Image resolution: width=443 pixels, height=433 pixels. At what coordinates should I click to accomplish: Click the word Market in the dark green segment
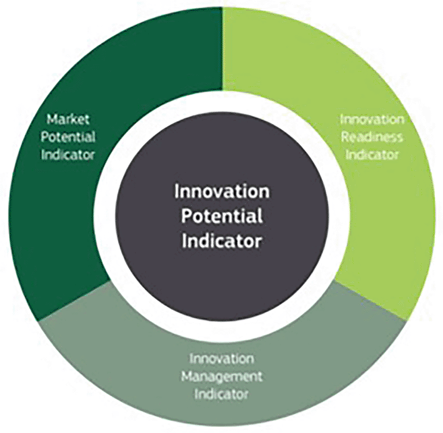tap(68, 119)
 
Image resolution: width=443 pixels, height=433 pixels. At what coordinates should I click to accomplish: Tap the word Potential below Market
tap(68, 137)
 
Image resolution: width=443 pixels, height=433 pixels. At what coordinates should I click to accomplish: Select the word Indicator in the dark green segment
tap(68, 155)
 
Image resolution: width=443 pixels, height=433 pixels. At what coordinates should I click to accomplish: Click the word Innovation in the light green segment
tap(372, 119)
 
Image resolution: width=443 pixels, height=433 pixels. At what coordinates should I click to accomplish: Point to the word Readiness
tap(372, 137)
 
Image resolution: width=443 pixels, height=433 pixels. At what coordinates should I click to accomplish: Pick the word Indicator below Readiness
tap(372, 155)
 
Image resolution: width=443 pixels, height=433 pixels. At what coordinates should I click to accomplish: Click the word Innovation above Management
tap(221, 359)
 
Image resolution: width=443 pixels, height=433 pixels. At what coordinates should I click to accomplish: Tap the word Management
tap(222, 377)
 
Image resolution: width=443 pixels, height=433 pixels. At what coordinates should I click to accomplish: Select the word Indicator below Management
tap(221, 394)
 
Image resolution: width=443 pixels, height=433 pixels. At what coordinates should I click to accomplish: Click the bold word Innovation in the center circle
tap(222, 192)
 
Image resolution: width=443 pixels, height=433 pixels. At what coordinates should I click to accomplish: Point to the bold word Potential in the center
tap(222, 216)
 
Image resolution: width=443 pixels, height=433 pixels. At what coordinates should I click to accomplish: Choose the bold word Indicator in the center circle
tap(222, 241)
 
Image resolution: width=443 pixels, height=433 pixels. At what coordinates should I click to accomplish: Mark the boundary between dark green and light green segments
tap(222, 49)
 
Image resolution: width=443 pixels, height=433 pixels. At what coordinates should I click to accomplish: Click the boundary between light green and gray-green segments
tap(369, 299)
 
